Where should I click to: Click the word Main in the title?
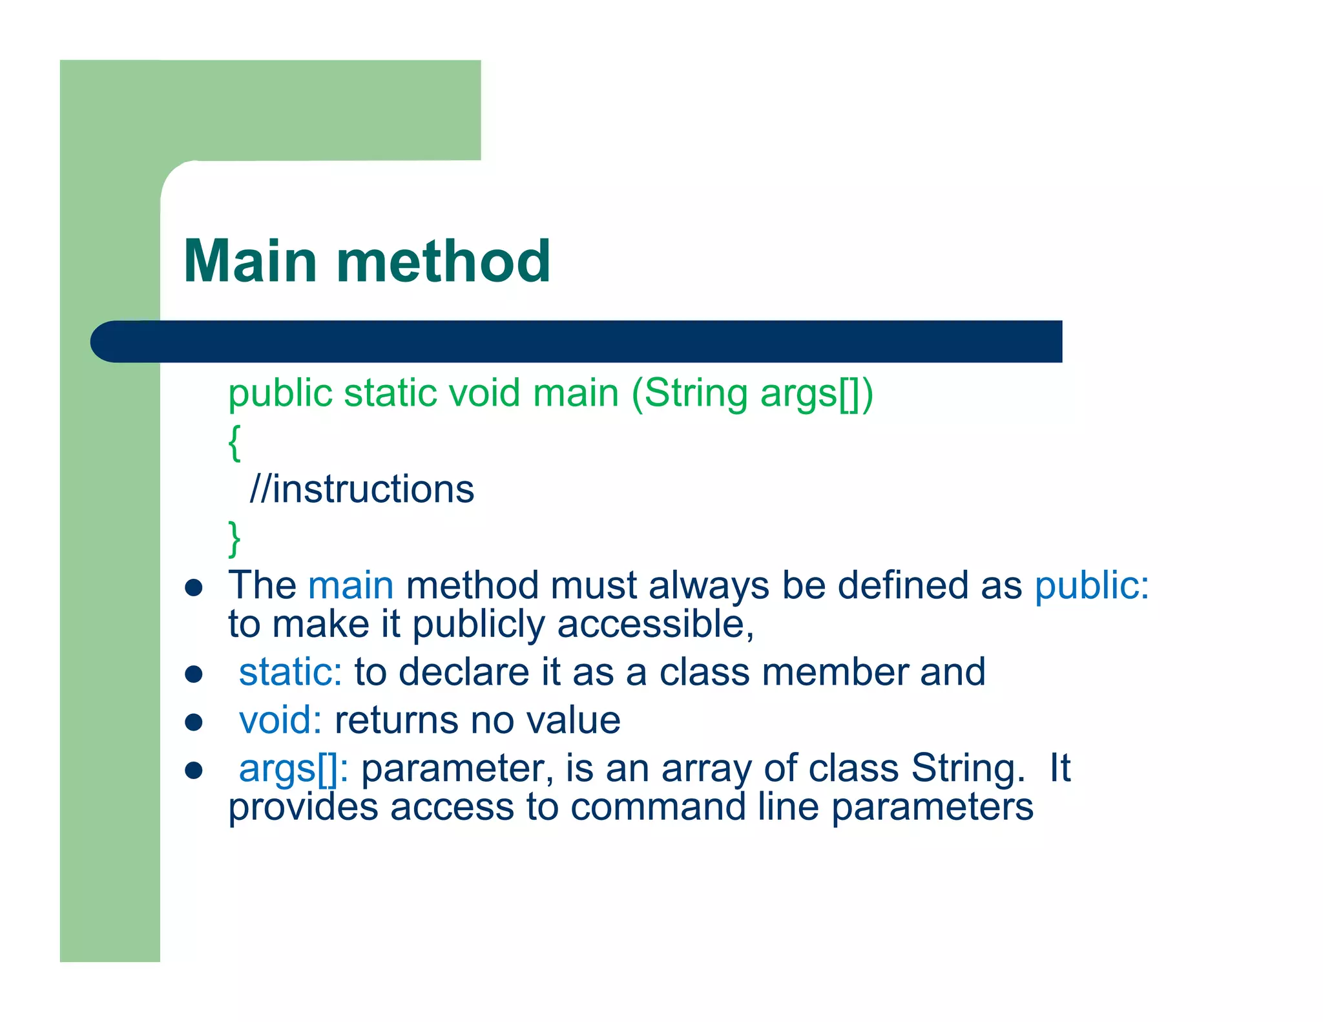pyautogui.click(x=250, y=261)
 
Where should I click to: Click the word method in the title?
pyautogui.click(x=443, y=261)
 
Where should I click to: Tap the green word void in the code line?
pyautogui.click(x=484, y=393)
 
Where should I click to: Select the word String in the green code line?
pyautogui.click(x=695, y=393)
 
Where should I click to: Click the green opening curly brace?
pyautogui.click(x=234, y=443)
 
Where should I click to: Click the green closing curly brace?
pyautogui.click(x=234, y=538)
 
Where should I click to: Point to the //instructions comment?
pyautogui.click(x=362, y=489)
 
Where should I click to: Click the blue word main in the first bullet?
pyautogui.click(x=351, y=585)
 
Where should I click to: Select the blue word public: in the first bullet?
pyautogui.click(x=1092, y=585)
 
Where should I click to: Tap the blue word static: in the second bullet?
pyautogui.click(x=290, y=672)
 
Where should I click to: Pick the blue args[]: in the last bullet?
pyautogui.click(x=293, y=769)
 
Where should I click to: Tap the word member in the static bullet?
pyautogui.click(x=835, y=672)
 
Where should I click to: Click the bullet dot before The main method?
pyautogui.click(x=194, y=588)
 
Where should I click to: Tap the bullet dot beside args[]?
pyautogui.click(x=194, y=770)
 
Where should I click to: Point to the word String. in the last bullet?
pyautogui.click(x=967, y=769)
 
